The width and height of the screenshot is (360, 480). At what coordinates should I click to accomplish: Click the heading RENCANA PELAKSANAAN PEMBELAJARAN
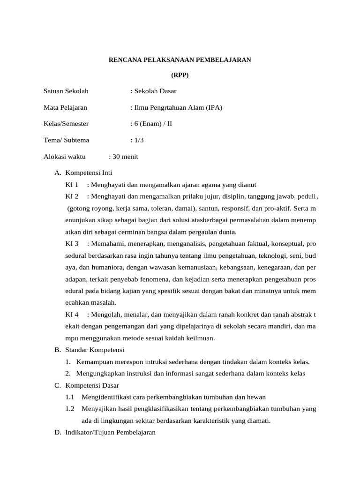[x=180, y=60]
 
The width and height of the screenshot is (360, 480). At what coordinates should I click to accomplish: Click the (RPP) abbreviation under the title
[x=180, y=75]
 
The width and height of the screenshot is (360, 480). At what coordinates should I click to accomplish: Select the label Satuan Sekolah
[x=66, y=91]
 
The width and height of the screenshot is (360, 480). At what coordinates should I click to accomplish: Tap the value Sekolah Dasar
[x=155, y=91]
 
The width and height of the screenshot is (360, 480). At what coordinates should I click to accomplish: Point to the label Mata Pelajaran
[x=65, y=107]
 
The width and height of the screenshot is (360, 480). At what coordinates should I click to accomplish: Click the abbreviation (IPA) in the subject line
[x=213, y=107]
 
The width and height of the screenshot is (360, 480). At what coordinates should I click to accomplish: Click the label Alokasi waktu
[x=64, y=157]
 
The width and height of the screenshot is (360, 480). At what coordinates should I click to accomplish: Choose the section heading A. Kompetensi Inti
[x=83, y=172]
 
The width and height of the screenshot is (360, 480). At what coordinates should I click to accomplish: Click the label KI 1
[x=72, y=184]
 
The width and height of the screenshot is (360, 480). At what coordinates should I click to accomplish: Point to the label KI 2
[x=72, y=196]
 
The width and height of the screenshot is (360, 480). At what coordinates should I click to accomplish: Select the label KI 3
[x=72, y=244]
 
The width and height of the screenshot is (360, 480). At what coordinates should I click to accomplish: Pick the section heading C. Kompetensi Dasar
[x=87, y=385]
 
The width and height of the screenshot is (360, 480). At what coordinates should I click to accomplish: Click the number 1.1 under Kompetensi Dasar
[x=70, y=397]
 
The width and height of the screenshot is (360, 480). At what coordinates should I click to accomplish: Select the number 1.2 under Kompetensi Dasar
[x=70, y=409]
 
